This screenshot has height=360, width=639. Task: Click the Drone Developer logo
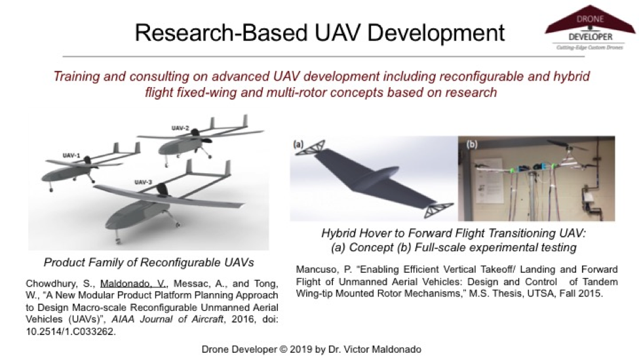point(590,28)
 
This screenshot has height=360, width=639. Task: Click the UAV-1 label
point(71,155)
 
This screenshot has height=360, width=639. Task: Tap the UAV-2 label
point(180,128)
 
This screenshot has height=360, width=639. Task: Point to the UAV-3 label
point(143,182)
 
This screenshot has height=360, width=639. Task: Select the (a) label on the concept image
point(298,144)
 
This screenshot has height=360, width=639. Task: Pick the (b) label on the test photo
point(471,144)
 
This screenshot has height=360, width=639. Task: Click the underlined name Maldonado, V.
point(134,283)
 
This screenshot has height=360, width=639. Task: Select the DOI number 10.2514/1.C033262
point(71,331)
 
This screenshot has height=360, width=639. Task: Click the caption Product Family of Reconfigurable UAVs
point(149,262)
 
